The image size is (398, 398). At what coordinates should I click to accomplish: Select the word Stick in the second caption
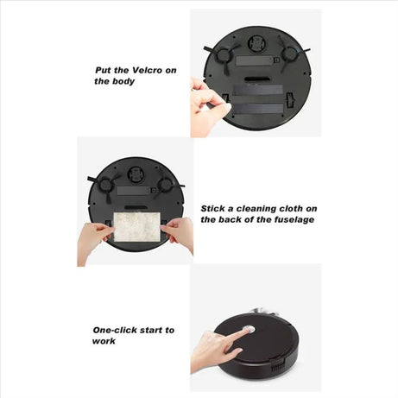click(216, 208)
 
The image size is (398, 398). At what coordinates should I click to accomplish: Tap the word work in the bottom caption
click(105, 341)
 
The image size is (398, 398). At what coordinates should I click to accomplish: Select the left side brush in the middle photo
click(106, 184)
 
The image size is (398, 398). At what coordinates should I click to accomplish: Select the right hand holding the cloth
click(180, 233)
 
